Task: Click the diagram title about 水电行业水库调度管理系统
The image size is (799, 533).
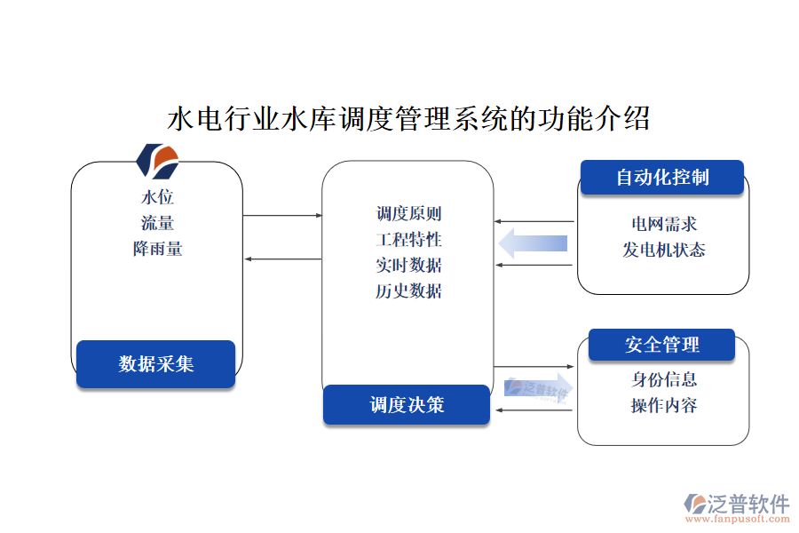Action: pyautogui.click(x=408, y=118)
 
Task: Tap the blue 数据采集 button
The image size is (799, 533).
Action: pyautogui.click(x=155, y=363)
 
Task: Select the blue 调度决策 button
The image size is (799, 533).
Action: pyautogui.click(x=407, y=405)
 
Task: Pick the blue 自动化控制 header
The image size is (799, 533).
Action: pyautogui.click(x=662, y=177)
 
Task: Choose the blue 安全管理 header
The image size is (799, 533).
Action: pyautogui.click(x=662, y=345)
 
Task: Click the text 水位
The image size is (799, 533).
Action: pyautogui.click(x=157, y=197)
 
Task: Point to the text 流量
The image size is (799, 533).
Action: pyautogui.click(x=157, y=223)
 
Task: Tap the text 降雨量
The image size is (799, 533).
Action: pyautogui.click(x=157, y=249)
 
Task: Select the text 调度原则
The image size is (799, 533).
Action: pyautogui.click(x=408, y=213)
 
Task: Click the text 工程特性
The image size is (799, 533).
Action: pyautogui.click(x=408, y=239)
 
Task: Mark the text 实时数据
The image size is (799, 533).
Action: pyautogui.click(x=408, y=265)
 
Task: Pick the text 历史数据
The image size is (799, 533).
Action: pyautogui.click(x=408, y=290)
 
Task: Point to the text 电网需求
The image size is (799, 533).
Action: pyautogui.click(x=663, y=224)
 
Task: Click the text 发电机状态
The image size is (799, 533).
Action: pyautogui.click(x=663, y=250)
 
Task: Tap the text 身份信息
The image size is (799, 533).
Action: pyautogui.click(x=663, y=379)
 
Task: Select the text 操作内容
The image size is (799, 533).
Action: pyautogui.click(x=663, y=405)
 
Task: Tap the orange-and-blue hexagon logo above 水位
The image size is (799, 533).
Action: pyautogui.click(x=157, y=161)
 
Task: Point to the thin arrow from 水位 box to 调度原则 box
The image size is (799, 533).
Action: pyautogui.click(x=282, y=215)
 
